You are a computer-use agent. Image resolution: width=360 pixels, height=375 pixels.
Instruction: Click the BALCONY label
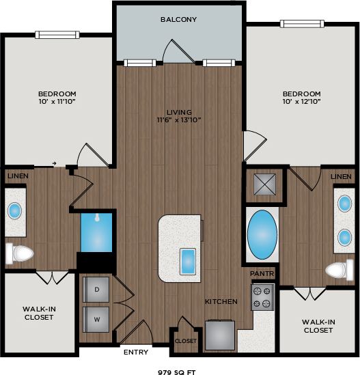click(x=178, y=20)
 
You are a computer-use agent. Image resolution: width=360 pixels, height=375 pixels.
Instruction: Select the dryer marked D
click(x=96, y=290)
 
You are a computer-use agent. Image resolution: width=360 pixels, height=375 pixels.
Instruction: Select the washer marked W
click(x=96, y=318)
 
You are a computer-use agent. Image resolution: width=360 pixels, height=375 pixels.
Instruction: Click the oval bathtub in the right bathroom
click(x=261, y=236)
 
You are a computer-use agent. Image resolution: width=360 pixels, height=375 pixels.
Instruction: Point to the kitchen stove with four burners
click(x=262, y=298)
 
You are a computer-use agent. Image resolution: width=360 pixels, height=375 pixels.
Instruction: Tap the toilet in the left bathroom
click(x=20, y=254)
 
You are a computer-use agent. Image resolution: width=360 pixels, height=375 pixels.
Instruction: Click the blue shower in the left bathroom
click(x=96, y=232)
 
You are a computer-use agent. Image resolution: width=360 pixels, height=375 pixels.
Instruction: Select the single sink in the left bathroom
click(x=15, y=210)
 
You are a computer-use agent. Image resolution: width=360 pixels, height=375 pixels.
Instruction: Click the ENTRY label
click(x=136, y=352)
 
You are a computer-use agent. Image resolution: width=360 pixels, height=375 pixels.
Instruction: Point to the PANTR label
click(x=262, y=273)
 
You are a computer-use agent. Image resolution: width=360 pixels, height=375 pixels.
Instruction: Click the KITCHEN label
click(x=221, y=301)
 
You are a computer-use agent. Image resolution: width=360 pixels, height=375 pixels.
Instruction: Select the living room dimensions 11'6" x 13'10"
click(x=179, y=116)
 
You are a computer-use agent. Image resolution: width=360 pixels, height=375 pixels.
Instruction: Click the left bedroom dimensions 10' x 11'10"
click(x=57, y=98)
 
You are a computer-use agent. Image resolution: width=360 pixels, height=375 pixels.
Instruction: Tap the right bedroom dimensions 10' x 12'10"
click(x=301, y=98)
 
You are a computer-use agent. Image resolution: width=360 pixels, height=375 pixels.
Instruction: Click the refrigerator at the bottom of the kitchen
click(x=220, y=335)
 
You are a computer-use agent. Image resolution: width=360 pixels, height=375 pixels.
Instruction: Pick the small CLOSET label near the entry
click(x=185, y=340)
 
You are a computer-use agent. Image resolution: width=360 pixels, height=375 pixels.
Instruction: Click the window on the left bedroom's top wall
click(x=58, y=35)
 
